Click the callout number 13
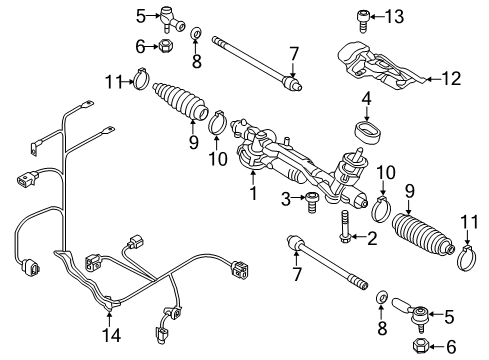click(x=395, y=16)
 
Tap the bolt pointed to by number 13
click(x=363, y=21)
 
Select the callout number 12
click(x=452, y=78)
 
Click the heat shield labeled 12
click(x=381, y=66)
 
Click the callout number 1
click(x=254, y=193)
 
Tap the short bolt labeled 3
click(x=311, y=202)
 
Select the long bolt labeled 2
click(x=344, y=227)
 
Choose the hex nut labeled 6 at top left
click(x=165, y=46)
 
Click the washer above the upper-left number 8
click(x=197, y=34)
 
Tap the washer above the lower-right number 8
click(x=382, y=296)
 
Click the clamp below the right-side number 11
click(x=467, y=258)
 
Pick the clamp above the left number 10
click(x=217, y=122)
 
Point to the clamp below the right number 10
click(x=381, y=208)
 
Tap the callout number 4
click(x=366, y=99)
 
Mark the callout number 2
click(x=372, y=238)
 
